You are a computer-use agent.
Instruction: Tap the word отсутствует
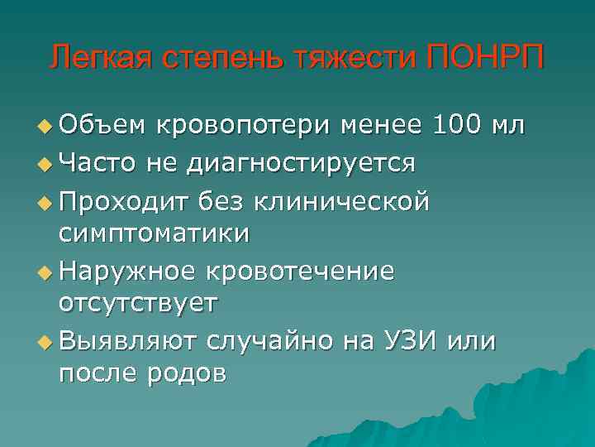click(x=138, y=304)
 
